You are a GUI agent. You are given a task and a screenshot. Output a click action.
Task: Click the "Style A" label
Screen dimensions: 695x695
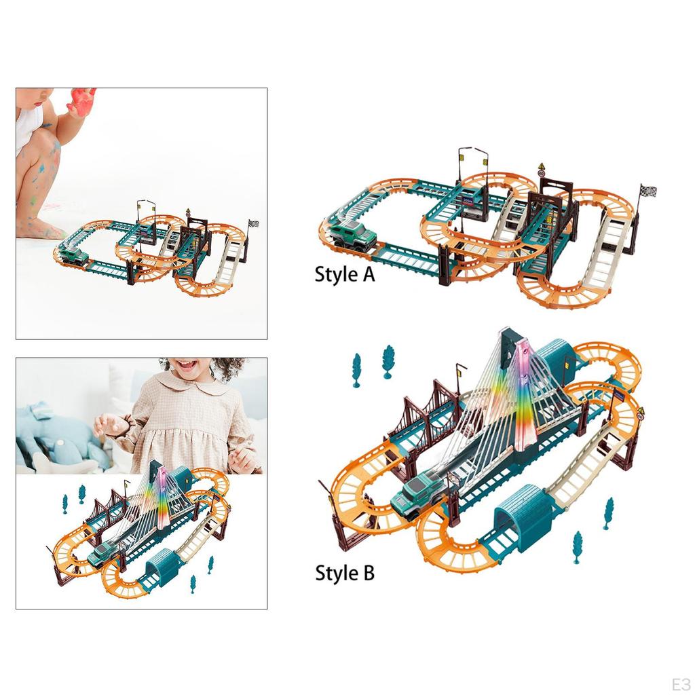click(x=344, y=274)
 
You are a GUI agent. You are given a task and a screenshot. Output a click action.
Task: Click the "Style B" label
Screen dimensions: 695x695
click(x=344, y=573)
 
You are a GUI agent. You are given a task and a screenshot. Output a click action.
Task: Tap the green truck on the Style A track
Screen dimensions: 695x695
click(x=353, y=237)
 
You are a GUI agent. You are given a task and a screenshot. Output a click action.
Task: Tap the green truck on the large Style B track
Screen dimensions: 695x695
click(x=418, y=495)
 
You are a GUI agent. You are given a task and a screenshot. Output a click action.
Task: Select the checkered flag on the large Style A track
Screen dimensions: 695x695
click(x=647, y=192)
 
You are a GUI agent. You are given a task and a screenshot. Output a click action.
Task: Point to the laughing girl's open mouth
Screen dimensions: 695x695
click(x=188, y=366)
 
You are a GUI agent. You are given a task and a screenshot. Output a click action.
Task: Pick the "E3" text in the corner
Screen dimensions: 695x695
click(x=681, y=684)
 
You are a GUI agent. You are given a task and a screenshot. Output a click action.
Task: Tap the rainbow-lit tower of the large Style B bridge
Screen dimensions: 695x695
click(x=524, y=394)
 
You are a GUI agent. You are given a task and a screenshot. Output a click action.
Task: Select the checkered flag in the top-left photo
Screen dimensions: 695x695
click(x=254, y=224)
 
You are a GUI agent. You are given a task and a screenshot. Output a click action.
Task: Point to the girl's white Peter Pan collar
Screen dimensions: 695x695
click(x=185, y=386)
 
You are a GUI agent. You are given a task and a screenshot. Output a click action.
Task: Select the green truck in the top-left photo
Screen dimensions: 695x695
click(x=73, y=256)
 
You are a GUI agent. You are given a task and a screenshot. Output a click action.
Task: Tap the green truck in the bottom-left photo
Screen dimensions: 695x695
click(x=104, y=555)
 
